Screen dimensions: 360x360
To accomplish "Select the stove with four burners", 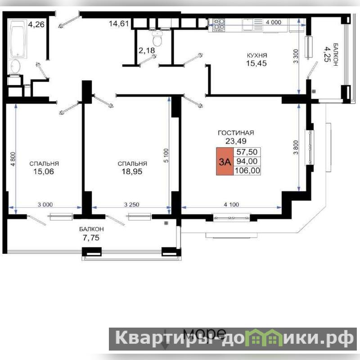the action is [x=219, y=25].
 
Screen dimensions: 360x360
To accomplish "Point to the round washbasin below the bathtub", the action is [x=15, y=67].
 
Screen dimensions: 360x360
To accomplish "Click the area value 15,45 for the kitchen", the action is [x=256, y=63].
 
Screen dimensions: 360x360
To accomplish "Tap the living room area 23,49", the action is [x=236, y=141].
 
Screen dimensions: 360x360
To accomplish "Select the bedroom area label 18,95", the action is [x=132, y=171].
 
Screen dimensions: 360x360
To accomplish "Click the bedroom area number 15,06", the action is [x=44, y=171].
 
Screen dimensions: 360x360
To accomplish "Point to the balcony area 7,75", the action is [x=91, y=238].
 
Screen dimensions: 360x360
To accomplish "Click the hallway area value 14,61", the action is [x=119, y=23].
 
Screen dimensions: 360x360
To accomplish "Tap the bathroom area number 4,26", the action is [x=36, y=24].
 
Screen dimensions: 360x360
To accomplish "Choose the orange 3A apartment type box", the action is [x=225, y=162].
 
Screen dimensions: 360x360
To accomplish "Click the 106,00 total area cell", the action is [x=247, y=171].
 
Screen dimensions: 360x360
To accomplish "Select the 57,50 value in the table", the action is [x=247, y=152].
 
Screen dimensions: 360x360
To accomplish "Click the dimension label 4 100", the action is [x=231, y=204].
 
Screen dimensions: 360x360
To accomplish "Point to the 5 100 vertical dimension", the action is [x=166, y=155].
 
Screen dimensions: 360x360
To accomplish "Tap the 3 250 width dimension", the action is [x=131, y=204].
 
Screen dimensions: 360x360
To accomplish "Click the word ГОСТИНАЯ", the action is [x=236, y=133].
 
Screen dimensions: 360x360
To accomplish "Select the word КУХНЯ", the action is [x=257, y=55].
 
